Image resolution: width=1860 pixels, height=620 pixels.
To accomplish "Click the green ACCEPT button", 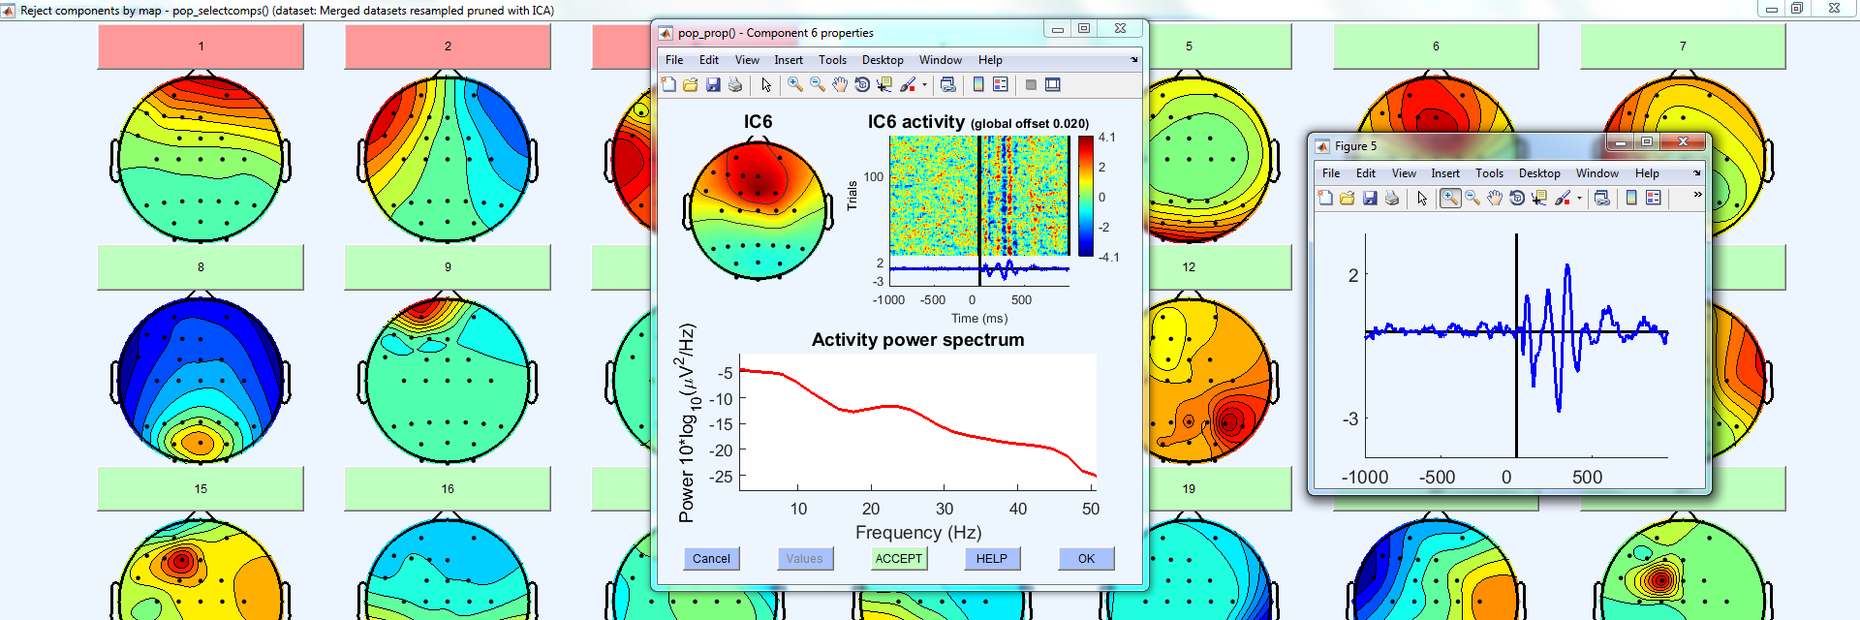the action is pyautogui.click(x=899, y=559).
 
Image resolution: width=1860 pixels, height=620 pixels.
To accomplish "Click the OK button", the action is pyautogui.click(x=1086, y=559).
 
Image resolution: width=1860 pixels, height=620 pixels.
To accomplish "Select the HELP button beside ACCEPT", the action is pyautogui.click(x=992, y=559).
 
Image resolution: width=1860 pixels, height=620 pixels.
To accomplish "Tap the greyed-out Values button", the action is pyautogui.click(x=804, y=559).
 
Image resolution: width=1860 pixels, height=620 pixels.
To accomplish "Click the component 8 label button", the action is pyautogui.click(x=201, y=267).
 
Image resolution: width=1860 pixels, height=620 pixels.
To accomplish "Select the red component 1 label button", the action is pyautogui.click(x=201, y=46).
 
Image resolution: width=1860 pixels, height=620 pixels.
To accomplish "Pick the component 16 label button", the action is pyautogui.click(x=448, y=489).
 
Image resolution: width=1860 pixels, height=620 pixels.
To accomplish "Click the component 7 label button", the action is pyautogui.click(x=1683, y=46).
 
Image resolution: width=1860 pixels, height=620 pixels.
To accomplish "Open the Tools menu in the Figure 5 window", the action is pyautogui.click(x=1489, y=173).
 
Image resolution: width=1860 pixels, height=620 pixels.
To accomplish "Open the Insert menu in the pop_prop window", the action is pyautogui.click(x=789, y=60).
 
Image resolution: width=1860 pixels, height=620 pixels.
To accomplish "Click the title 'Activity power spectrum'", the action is pyautogui.click(x=917, y=340).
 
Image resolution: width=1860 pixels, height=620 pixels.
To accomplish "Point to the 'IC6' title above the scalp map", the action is pyautogui.click(x=758, y=122).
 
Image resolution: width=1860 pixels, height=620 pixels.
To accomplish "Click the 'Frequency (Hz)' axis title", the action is pyautogui.click(x=918, y=533).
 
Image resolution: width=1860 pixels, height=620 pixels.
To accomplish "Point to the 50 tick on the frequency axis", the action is pyautogui.click(x=1091, y=509).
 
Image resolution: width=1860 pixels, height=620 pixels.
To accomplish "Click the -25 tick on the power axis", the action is pyautogui.click(x=721, y=477).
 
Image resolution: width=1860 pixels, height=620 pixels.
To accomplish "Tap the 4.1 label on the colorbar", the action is pyautogui.click(x=1106, y=138).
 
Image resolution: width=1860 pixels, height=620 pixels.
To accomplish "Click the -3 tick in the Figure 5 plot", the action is pyautogui.click(x=1350, y=419).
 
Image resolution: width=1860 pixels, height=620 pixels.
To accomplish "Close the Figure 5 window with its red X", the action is pyautogui.click(x=1683, y=142).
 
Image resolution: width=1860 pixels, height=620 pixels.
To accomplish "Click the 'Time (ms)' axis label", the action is pyautogui.click(x=979, y=319).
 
